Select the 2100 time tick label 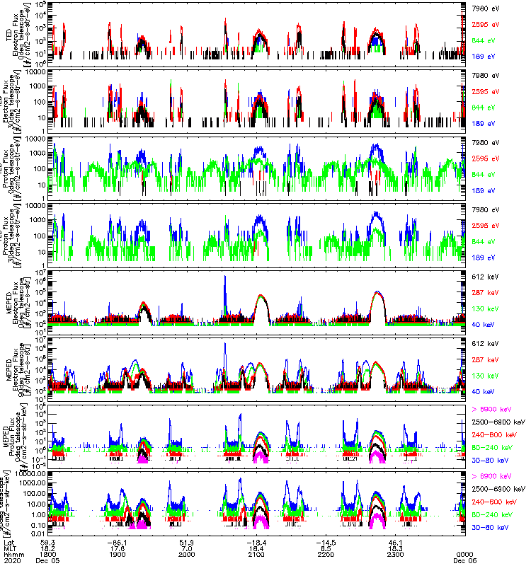pos(256,554)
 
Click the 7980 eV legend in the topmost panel pos(486,8)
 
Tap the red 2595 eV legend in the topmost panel pos(486,24)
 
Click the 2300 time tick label pos(396,554)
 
